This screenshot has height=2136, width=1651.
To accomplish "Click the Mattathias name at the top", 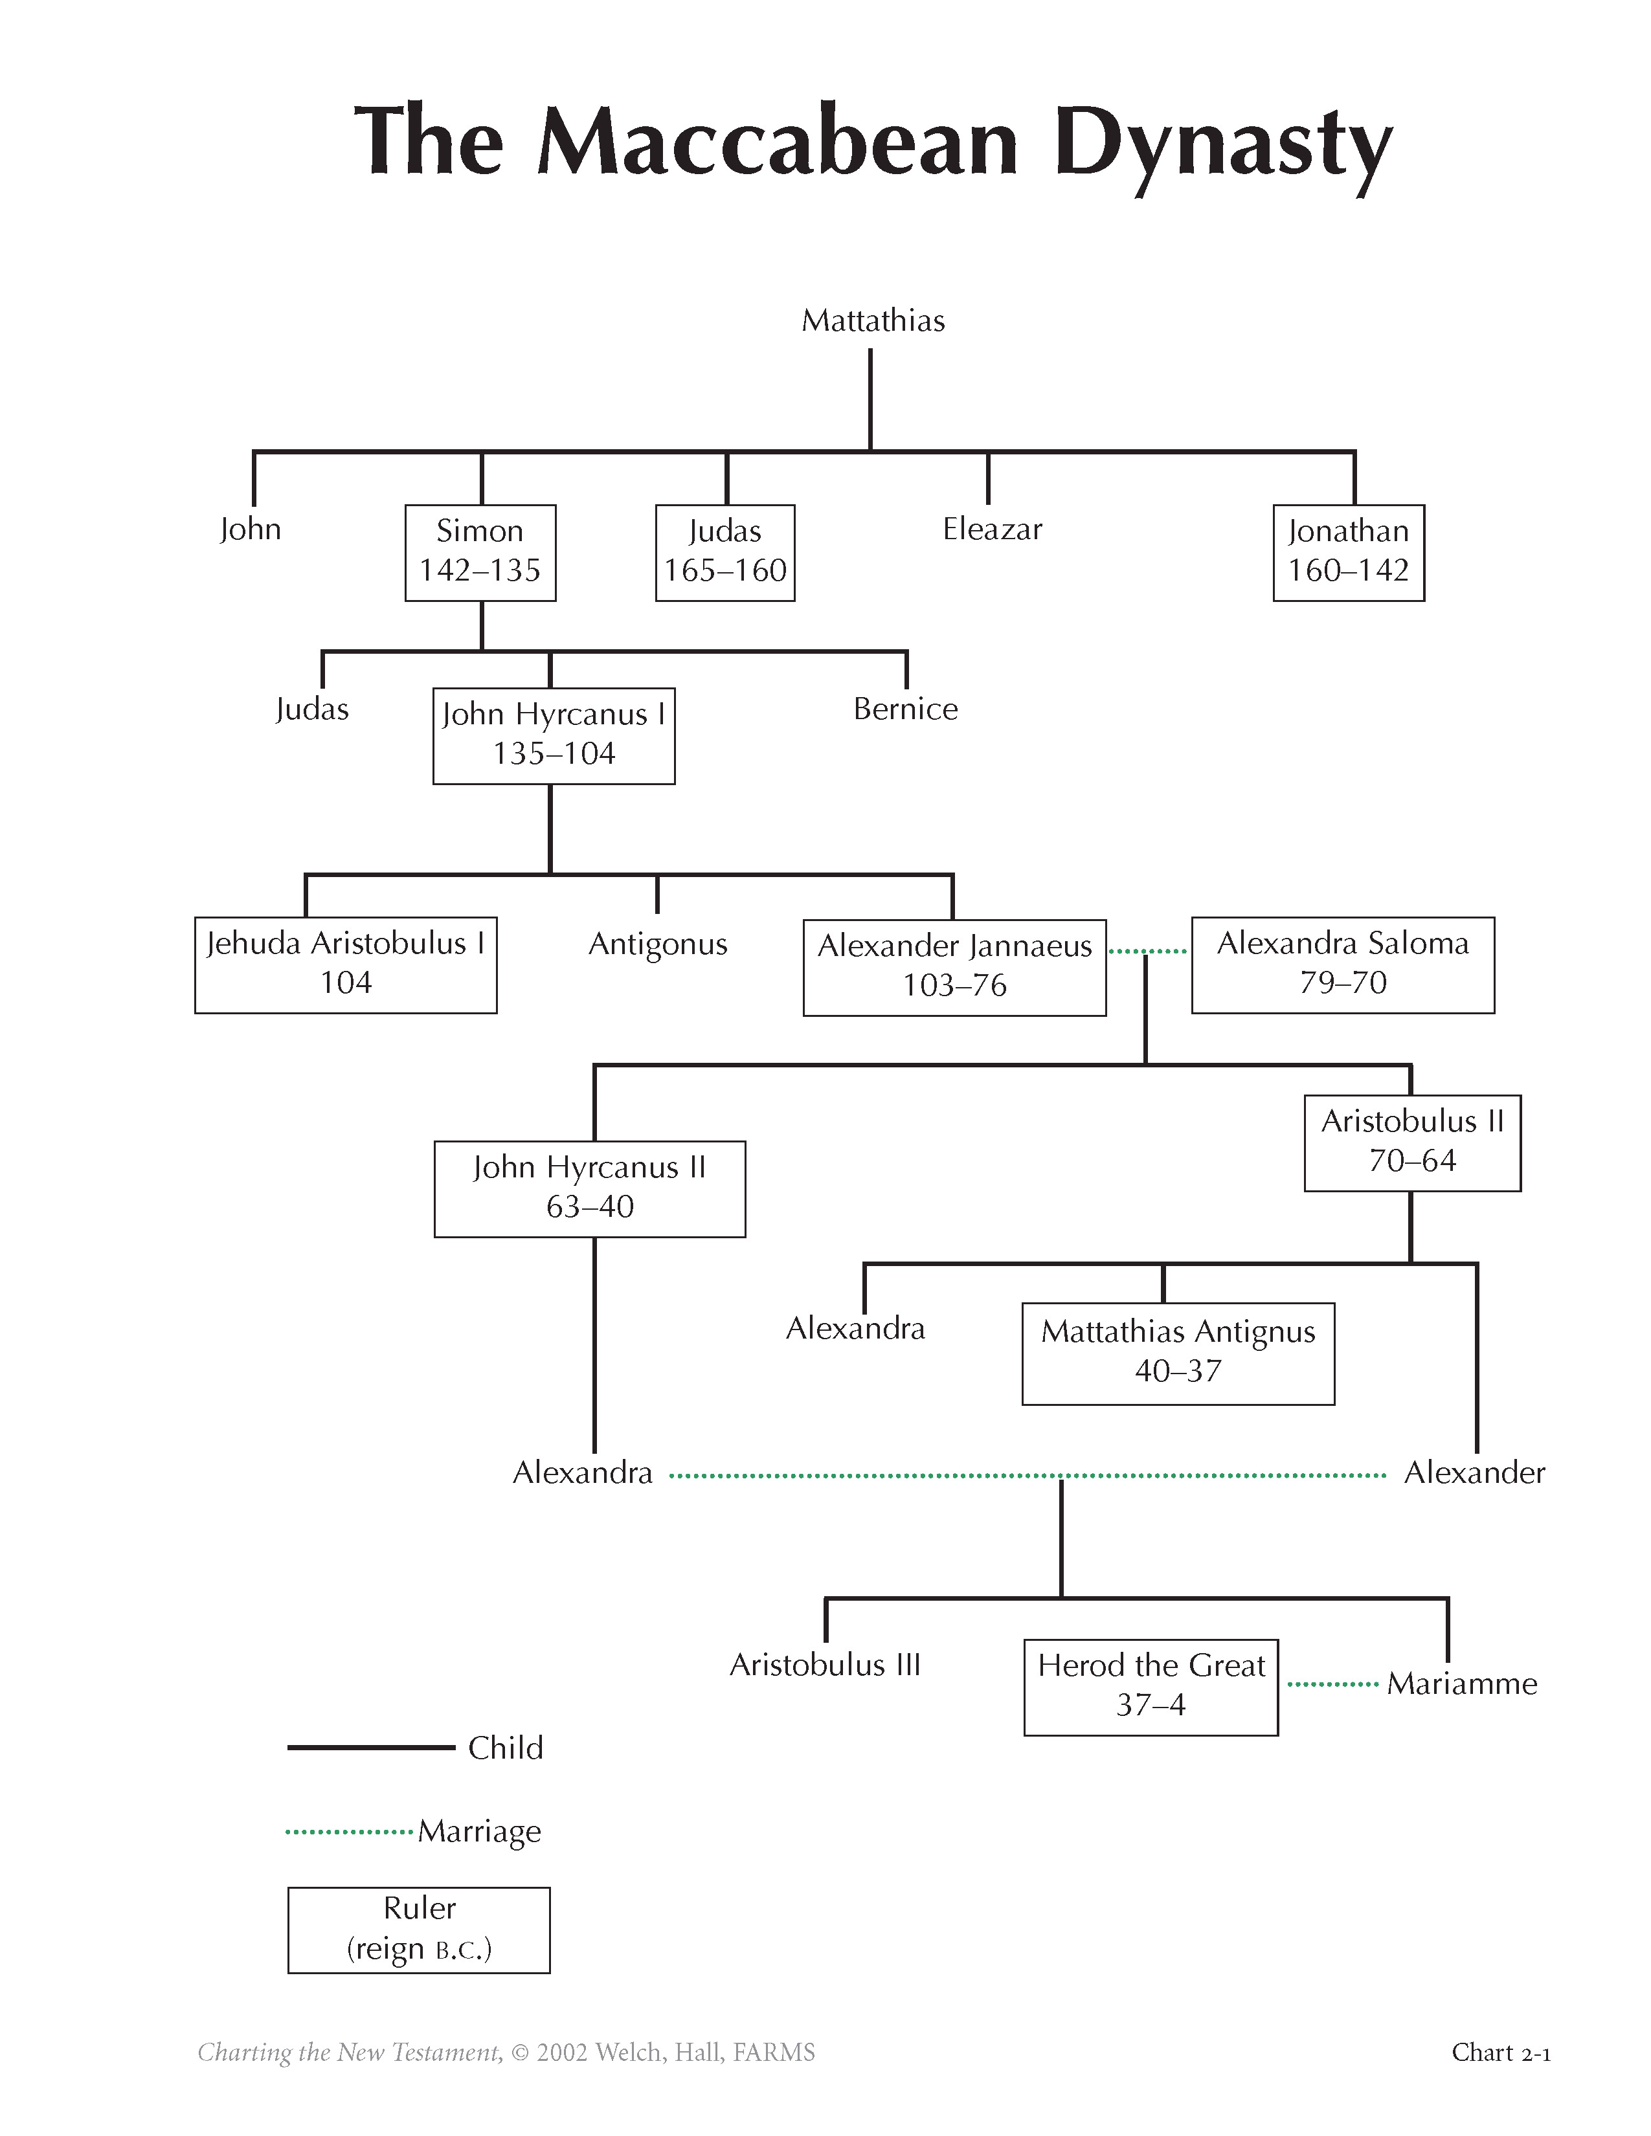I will coord(873,321).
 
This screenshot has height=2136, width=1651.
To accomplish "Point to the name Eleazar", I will coord(992,529).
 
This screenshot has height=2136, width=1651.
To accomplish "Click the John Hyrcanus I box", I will coord(554,735).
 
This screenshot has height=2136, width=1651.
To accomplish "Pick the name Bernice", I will coord(904,709).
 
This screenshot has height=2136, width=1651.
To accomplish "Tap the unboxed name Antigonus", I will coord(657,944).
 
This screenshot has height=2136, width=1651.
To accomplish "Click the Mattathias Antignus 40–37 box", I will coord(1178,1353).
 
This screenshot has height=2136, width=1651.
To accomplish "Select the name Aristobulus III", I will coord(824,1665).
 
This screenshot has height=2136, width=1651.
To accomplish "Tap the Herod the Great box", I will coord(1151,1686).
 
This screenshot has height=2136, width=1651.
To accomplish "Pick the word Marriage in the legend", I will coord(479,1832).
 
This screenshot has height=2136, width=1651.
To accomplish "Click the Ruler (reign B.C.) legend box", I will coord(419,1929).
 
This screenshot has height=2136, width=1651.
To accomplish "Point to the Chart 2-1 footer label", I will coord(1500,2052).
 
